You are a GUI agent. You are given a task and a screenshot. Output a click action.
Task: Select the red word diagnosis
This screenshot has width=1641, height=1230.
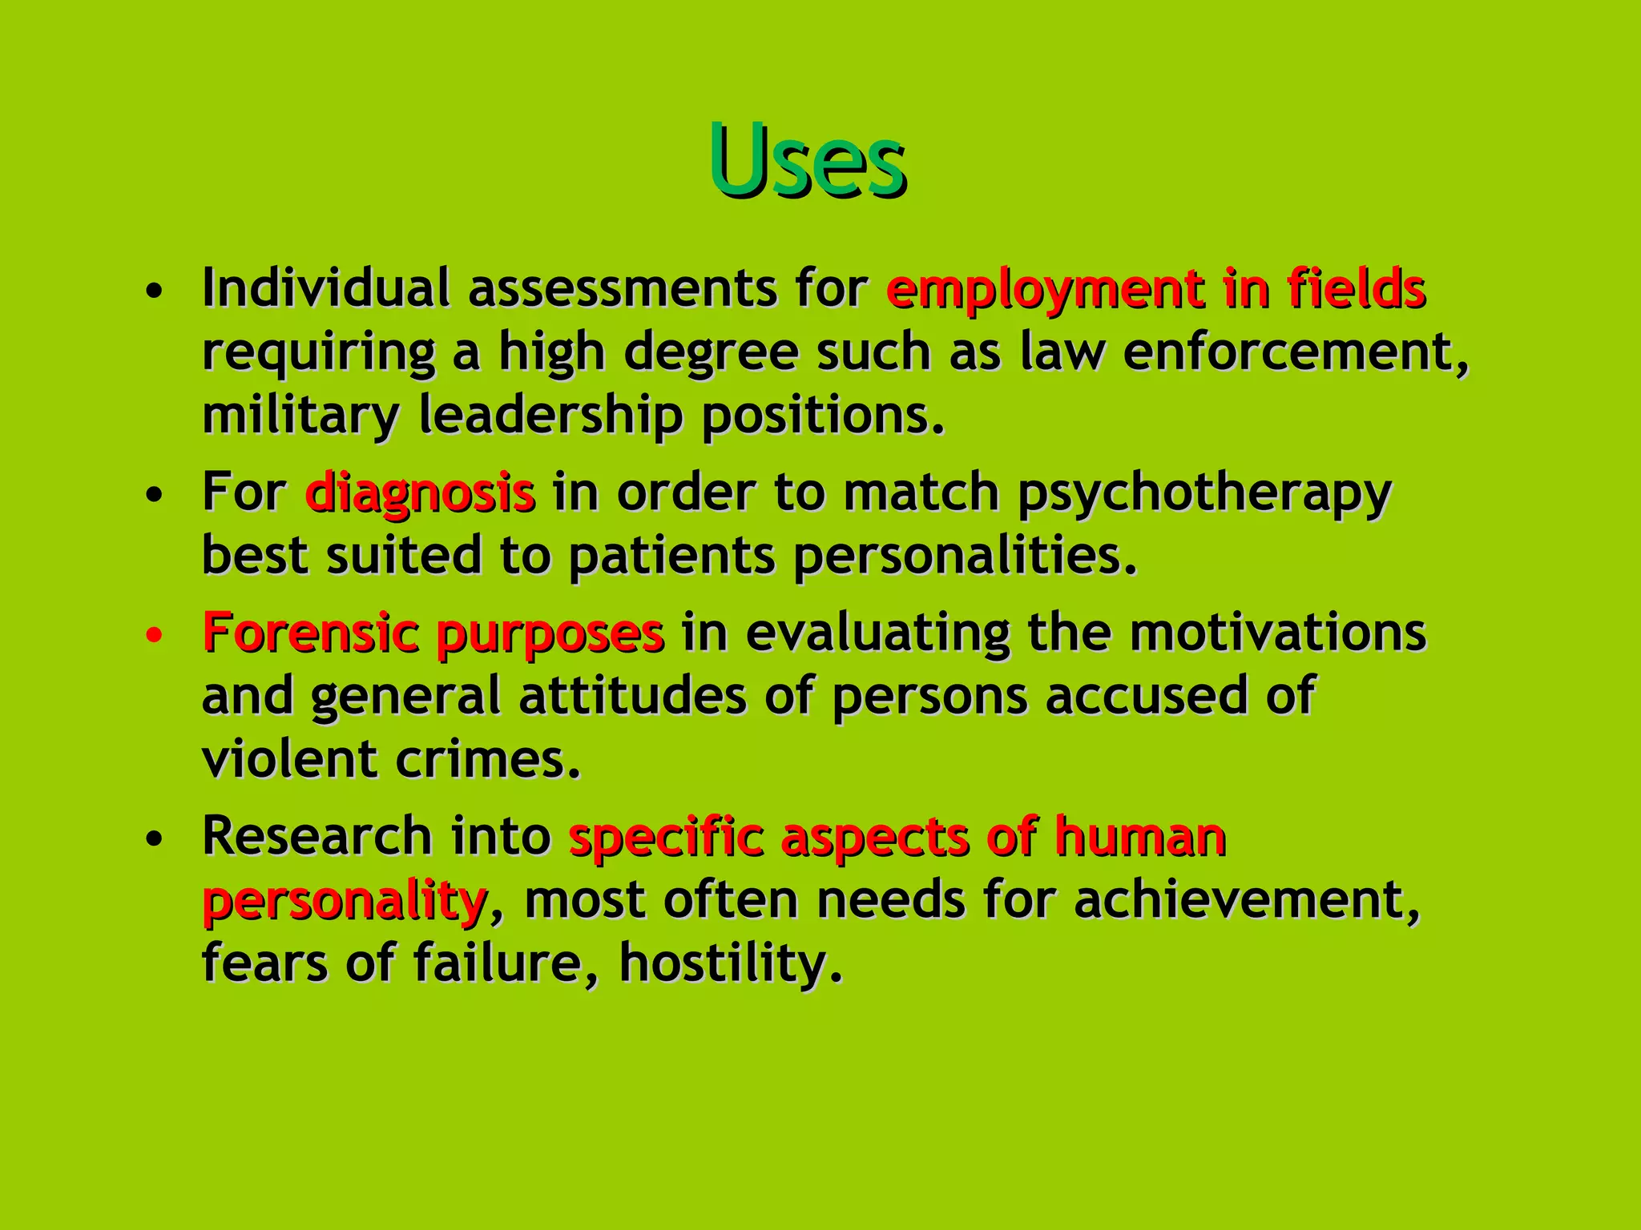[x=420, y=492]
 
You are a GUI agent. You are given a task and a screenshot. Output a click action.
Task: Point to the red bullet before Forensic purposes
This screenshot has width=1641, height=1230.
[x=155, y=636]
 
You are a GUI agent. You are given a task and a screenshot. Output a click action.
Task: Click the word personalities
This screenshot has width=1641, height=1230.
[x=964, y=556]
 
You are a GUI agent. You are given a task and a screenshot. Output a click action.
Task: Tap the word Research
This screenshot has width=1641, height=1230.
[x=317, y=835]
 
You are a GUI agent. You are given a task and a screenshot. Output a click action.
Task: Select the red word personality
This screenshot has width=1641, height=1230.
[x=345, y=901]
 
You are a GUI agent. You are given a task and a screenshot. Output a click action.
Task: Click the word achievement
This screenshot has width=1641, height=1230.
[x=1246, y=899]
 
